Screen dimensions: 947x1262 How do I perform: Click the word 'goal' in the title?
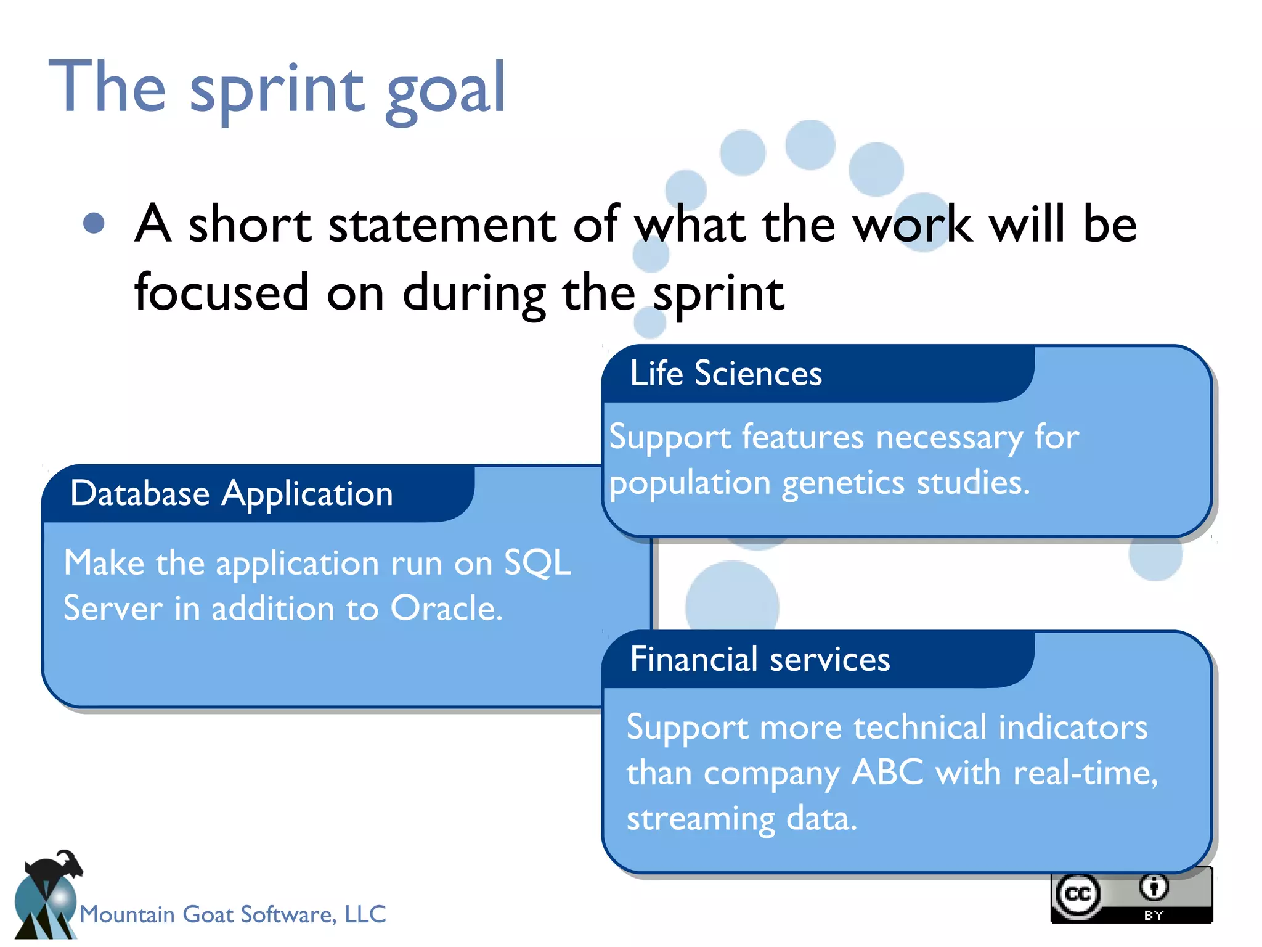tap(445, 89)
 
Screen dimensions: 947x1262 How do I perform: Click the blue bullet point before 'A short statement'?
tap(94, 223)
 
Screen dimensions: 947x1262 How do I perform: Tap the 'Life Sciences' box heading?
tap(725, 374)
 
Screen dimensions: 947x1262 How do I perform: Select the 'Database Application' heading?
tap(231, 494)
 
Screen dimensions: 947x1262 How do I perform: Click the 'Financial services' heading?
tap(760, 659)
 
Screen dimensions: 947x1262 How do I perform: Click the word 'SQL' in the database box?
tap(537, 563)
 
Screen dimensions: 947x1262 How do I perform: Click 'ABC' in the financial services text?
tap(887, 773)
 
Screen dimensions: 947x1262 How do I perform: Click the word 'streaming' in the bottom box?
tap(700, 819)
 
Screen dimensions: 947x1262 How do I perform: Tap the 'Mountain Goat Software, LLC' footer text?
tap(233, 914)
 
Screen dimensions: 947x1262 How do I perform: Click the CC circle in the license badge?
tap(1078, 894)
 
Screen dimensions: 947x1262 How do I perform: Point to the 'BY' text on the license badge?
tap(1154, 916)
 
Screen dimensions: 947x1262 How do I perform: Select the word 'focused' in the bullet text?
tap(221, 292)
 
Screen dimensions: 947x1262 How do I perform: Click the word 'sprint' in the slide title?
tap(277, 89)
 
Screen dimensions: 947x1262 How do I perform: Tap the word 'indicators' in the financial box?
tap(1072, 727)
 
